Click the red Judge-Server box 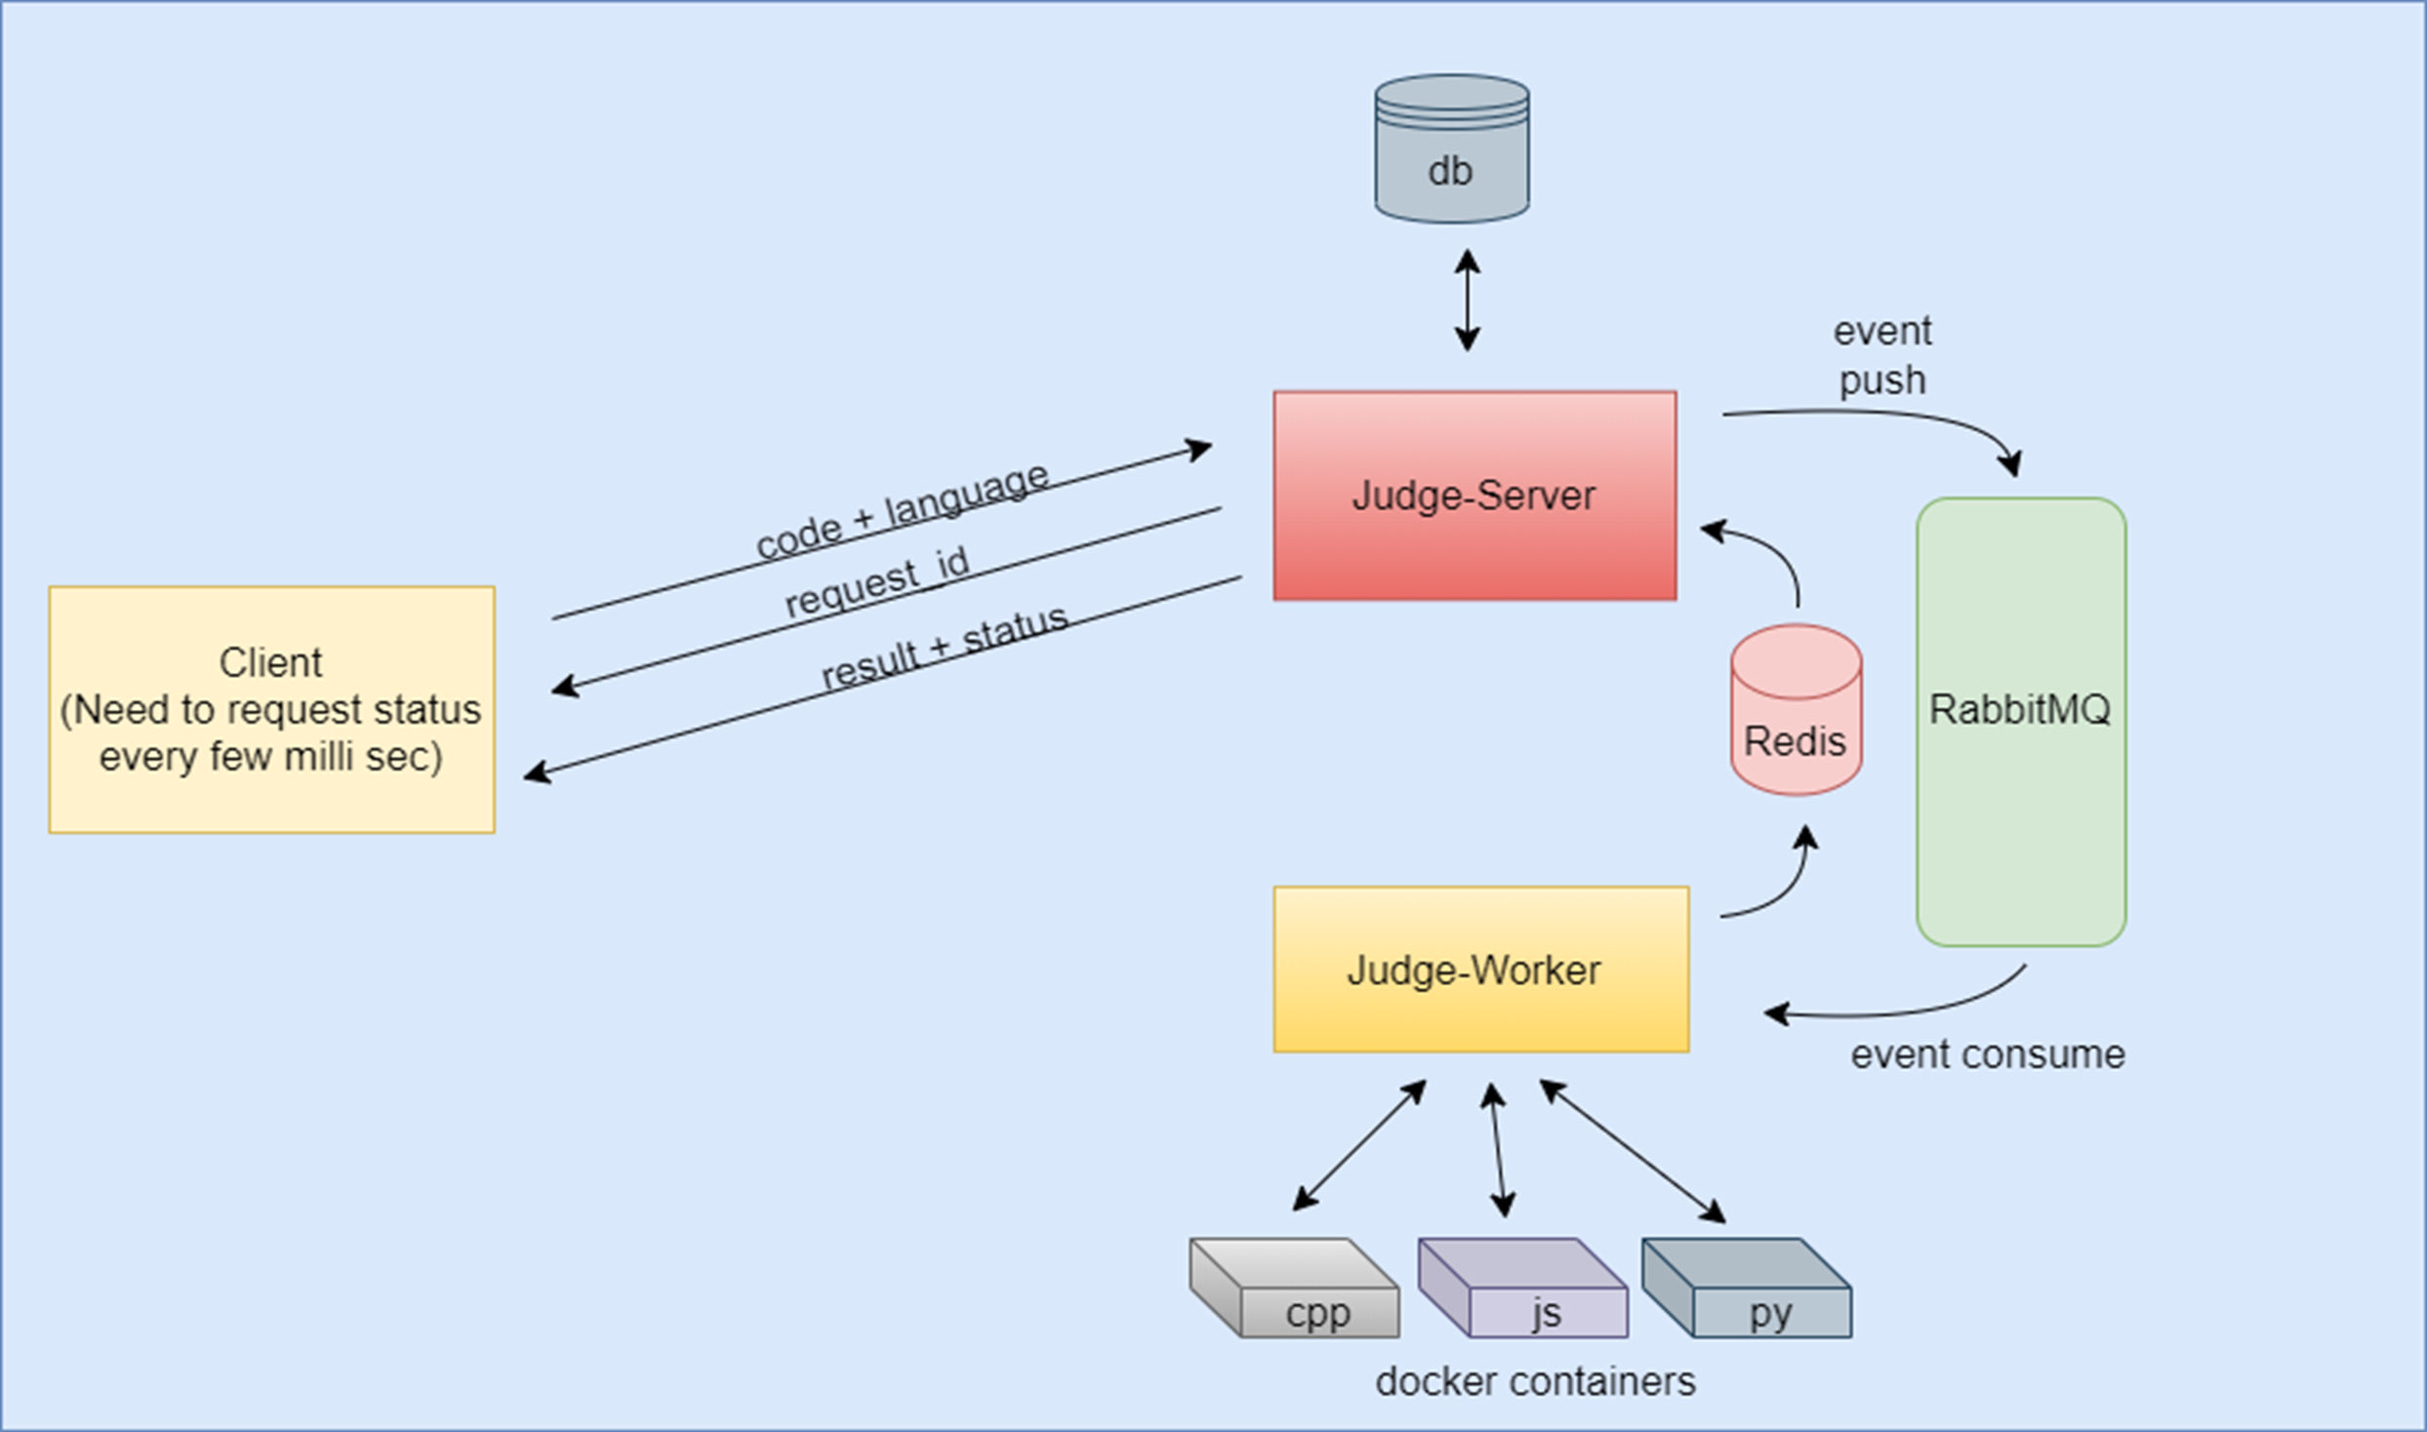click(x=1474, y=496)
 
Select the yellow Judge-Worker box click(x=1479, y=969)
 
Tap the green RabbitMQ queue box click(x=2020, y=722)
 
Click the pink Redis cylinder click(x=1796, y=712)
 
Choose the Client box click(x=271, y=709)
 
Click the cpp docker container click(x=1295, y=1289)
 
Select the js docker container click(x=1522, y=1289)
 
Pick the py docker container click(x=1747, y=1289)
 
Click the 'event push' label click(x=1881, y=355)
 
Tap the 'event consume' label click(x=1987, y=1054)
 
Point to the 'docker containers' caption click(x=1535, y=1381)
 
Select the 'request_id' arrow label click(x=876, y=581)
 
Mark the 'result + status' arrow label click(x=944, y=647)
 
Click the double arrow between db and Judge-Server click(x=1467, y=299)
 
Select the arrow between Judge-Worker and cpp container click(x=1359, y=1145)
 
